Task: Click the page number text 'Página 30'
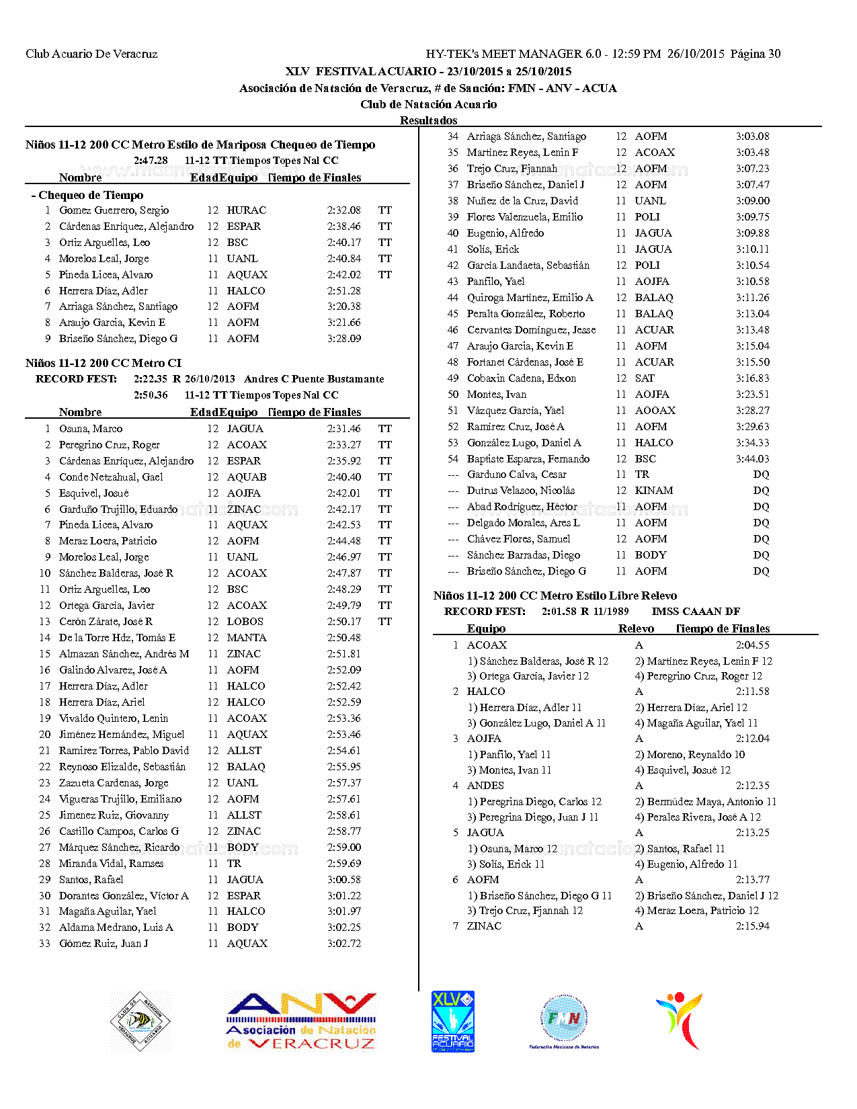coord(756,54)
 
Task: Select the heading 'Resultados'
coord(428,120)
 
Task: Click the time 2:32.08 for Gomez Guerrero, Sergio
coord(343,210)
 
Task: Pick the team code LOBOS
coord(245,622)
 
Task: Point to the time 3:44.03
coord(752,459)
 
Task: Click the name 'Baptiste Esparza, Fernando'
coord(528,459)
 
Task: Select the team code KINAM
coord(653,491)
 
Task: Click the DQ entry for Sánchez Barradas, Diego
coord(761,555)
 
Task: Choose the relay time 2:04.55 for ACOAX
coord(752,645)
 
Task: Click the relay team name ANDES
coord(485,786)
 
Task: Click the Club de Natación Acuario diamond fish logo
coord(140,1022)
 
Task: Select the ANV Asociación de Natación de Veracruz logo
coord(301,1022)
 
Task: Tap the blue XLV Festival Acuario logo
coord(453,1022)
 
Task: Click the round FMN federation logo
coord(564,1020)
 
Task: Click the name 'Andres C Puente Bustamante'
coord(314,379)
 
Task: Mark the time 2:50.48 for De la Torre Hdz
coord(343,638)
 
